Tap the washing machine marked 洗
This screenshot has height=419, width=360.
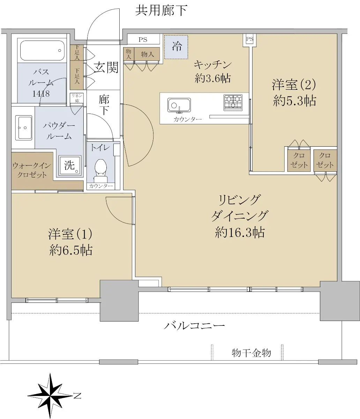(70, 165)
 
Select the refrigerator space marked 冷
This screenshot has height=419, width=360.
(176, 47)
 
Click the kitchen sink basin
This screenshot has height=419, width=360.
(179, 105)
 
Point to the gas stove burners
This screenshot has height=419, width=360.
(233, 103)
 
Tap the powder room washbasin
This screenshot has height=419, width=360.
(24, 128)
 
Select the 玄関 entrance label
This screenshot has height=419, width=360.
(106, 67)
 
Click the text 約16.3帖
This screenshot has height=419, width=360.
(240, 232)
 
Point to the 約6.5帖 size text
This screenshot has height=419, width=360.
(71, 250)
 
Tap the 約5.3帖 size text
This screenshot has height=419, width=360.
(294, 101)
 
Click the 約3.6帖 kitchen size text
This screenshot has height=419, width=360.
(212, 78)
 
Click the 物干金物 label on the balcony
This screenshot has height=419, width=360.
(251, 353)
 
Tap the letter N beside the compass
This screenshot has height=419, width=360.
(77, 396)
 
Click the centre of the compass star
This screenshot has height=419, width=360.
(50, 396)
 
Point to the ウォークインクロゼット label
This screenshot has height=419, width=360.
(32, 170)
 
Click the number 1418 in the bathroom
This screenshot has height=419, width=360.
(41, 94)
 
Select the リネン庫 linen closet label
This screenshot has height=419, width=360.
(77, 98)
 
